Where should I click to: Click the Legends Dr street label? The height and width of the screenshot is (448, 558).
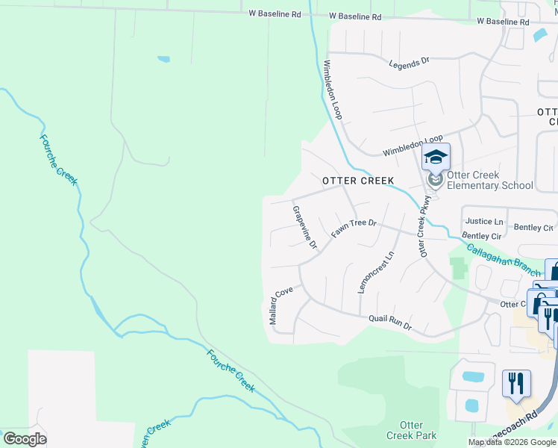(410, 63)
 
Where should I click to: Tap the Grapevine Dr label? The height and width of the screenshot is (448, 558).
(304, 227)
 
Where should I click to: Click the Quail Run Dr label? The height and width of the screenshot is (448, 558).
(389, 323)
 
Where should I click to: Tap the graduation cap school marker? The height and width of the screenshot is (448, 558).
(436, 158)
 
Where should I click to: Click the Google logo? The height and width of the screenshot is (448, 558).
(25, 439)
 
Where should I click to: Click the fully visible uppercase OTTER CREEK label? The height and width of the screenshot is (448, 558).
(357, 181)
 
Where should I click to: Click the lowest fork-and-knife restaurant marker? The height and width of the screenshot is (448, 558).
(515, 383)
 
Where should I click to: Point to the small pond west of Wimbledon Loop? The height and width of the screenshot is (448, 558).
(163, 59)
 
